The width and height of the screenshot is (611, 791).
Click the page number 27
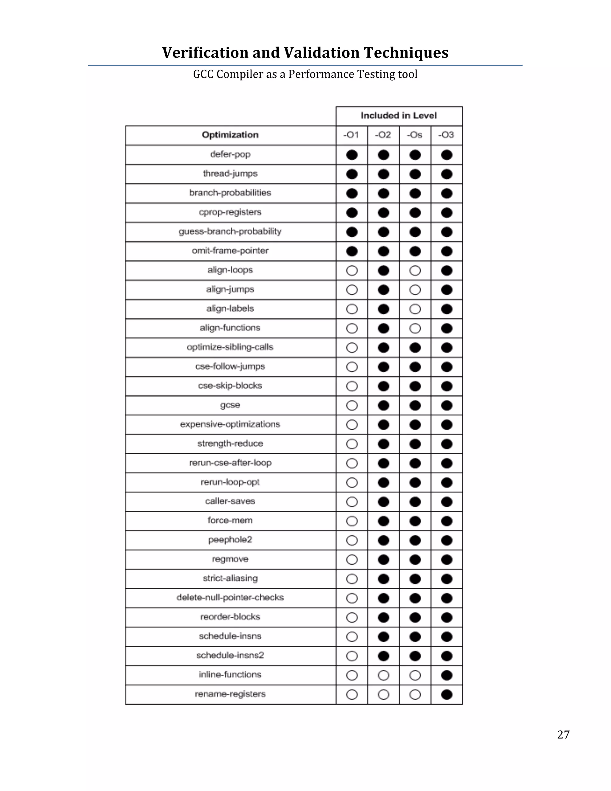click(563, 735)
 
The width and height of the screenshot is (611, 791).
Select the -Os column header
click(415, 135)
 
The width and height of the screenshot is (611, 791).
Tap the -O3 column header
click(446, 135)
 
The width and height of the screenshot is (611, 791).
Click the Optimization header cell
click(230, 135)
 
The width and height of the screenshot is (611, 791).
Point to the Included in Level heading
click(399, 116)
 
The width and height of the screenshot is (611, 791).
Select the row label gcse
click(230, 405)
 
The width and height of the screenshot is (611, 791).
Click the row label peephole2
click(230, 540)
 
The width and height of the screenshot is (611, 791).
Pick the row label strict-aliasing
click(230, 578)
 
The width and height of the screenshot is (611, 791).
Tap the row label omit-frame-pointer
click(230, 251)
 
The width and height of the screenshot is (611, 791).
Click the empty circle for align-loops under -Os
click(415, 270)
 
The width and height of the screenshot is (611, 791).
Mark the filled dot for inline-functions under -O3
click(447, 675)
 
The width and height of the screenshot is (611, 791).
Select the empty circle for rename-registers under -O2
click(383, 694)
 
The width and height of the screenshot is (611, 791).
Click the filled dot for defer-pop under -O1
click(352, 155)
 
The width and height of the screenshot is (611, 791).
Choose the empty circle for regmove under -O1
click(352, 560)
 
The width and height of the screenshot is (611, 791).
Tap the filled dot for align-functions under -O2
click(383, 329)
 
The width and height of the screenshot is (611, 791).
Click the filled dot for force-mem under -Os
click(415, 521)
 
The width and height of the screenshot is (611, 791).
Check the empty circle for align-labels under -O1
click(352, 309)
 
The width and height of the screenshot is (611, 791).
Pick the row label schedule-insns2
click(230, 655)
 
